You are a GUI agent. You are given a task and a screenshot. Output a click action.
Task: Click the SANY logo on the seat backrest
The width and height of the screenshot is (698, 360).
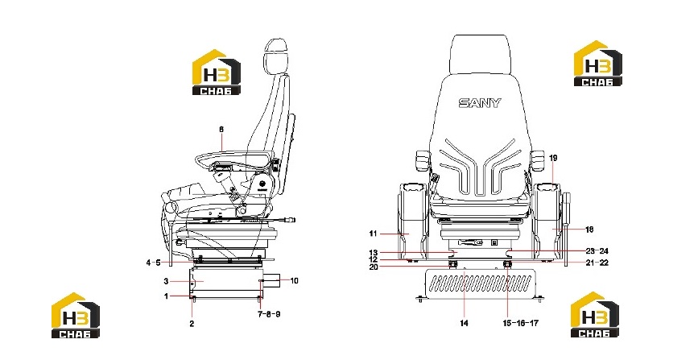(480, 103)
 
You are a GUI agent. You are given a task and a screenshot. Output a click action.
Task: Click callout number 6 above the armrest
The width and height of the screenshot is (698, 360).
(221, 130)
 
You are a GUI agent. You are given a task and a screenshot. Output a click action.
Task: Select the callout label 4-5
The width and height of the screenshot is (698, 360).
(153, 263)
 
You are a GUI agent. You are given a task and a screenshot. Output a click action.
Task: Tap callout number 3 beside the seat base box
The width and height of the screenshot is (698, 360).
(166, 282)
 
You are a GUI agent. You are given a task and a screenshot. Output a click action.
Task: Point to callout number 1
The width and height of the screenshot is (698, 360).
(167, 296)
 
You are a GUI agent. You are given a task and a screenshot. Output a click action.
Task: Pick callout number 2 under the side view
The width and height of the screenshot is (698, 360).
(192, 324)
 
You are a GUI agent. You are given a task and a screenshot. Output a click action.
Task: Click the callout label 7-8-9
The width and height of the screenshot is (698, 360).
(269, 314)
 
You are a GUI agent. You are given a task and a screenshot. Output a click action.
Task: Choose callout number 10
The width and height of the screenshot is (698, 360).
(294, 281)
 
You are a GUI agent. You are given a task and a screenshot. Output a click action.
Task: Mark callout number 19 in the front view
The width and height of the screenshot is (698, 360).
(553, 158)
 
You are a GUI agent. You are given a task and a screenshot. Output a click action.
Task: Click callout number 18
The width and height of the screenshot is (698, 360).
(589, 230)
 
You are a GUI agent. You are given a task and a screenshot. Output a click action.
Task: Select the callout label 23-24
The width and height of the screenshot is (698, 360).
(597, 250)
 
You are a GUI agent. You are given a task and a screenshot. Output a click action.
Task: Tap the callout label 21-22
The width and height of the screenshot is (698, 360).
(597, 263)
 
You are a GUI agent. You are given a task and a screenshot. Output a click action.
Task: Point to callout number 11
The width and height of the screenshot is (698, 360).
(373, 234)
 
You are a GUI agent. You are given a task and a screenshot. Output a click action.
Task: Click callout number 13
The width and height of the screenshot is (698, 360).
(373, 253)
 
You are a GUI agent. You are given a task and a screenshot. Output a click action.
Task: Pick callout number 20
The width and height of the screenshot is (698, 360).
(373, 267)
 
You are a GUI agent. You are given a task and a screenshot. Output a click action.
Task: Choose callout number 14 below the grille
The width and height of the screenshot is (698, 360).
(464, 323)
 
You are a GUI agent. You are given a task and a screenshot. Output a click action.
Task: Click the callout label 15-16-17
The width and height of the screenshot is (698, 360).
(520, 323)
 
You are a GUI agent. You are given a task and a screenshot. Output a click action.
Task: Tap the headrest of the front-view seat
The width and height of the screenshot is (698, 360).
(479, 53)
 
